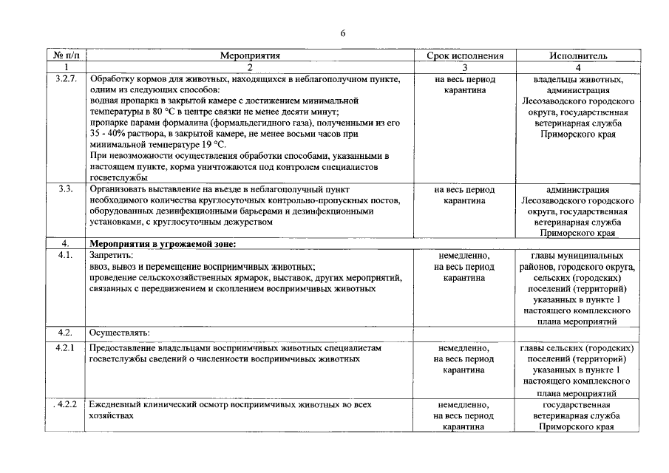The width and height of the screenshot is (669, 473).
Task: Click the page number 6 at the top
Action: [x=343, y=33]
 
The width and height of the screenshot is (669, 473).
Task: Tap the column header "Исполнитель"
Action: [x=578, y=55]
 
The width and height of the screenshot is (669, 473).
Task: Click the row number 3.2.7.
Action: [x=67, y=78]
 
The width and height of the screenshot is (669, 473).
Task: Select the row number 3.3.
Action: [x=65, y=189]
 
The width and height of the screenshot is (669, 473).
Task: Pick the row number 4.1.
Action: [x=66, y=255]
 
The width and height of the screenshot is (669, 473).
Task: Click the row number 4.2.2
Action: [x=66, y=405]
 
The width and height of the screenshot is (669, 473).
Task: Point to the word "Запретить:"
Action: [x=112, y=255]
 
